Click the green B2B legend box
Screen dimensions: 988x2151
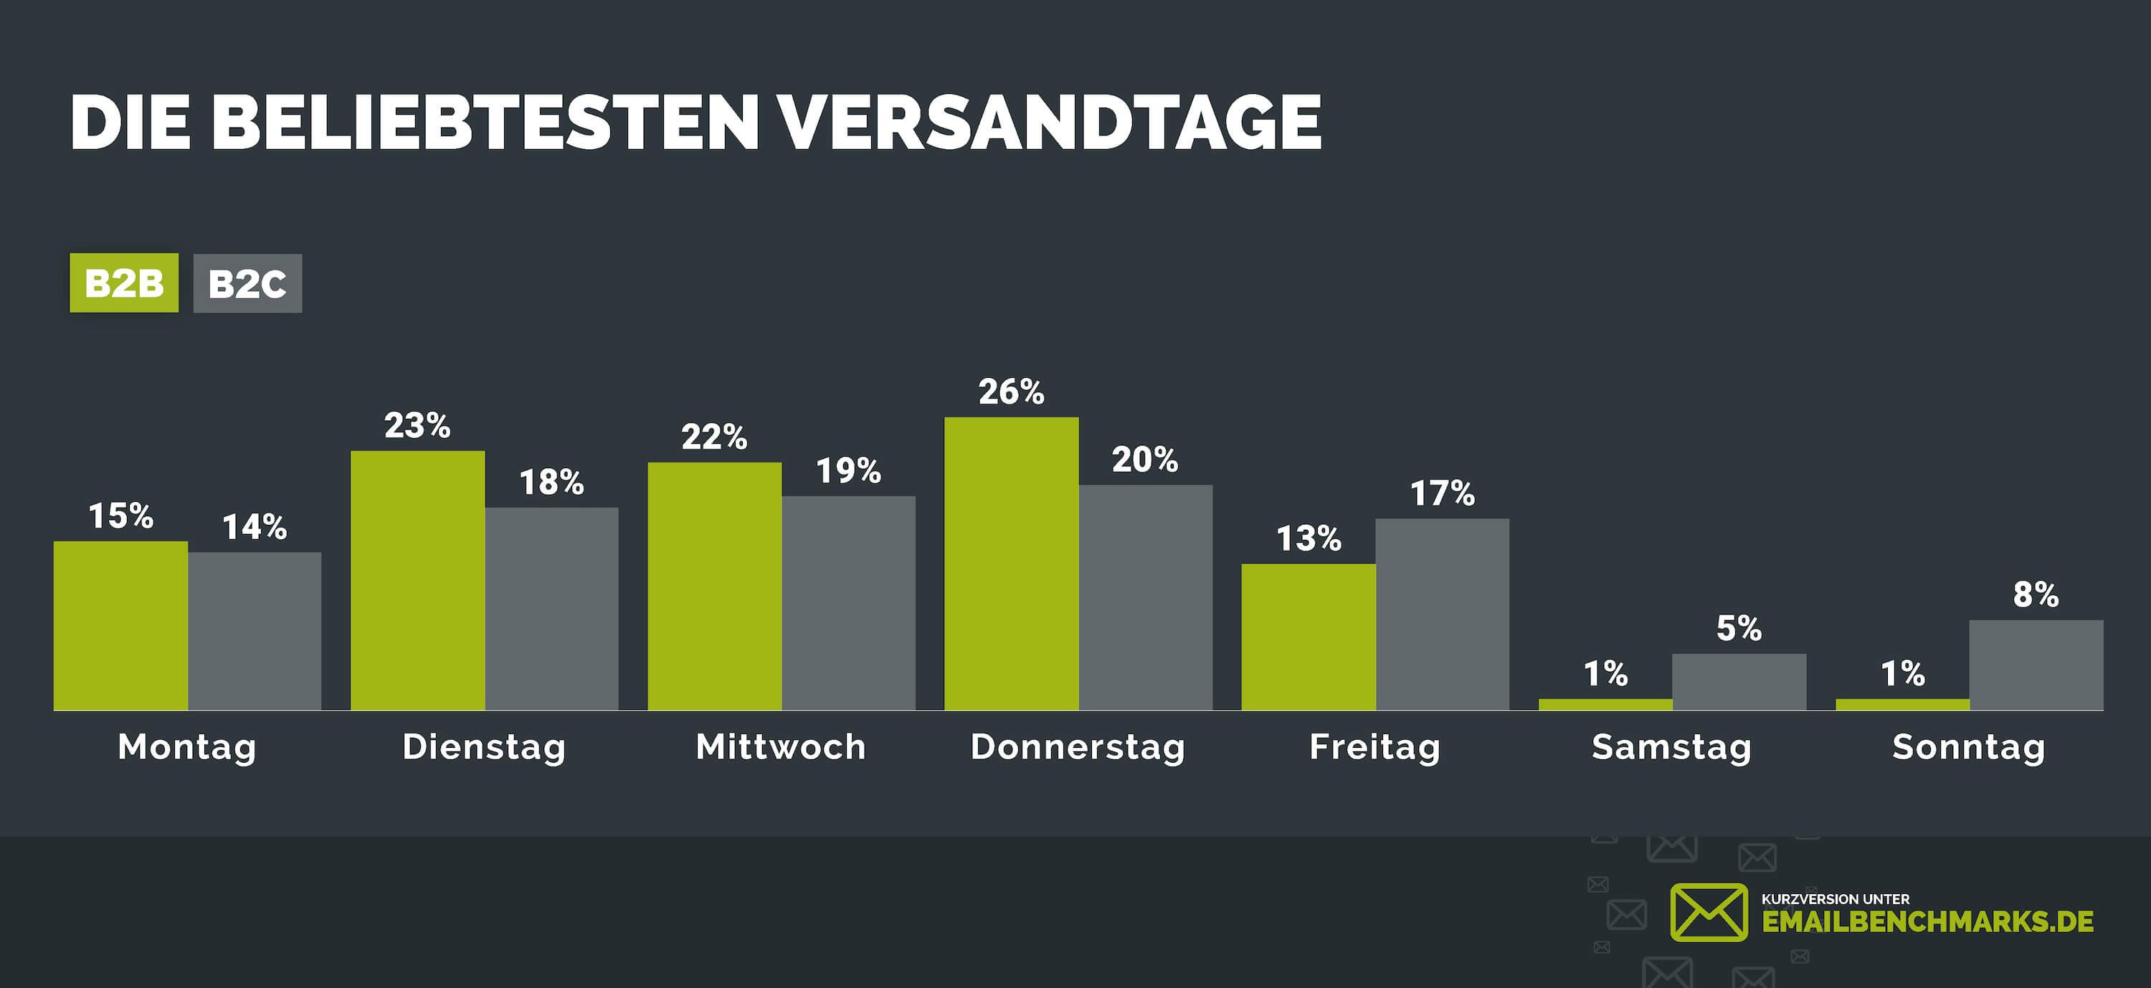click(x=123, y=283)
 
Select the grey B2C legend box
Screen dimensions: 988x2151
click(x=247, y=283)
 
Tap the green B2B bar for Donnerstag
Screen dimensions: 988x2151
click(x=1011, y=564)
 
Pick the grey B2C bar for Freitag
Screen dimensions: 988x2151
click(x=1442, y=614)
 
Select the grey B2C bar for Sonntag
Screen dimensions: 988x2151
click(x=2036, y=665)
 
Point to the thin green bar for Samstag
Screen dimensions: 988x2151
click(x=1605, y=705)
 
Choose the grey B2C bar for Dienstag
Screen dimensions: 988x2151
click(x=551, y=609)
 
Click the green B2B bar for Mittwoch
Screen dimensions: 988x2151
click(x=714, y=586)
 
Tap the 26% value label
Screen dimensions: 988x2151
click(x=1011, y=391)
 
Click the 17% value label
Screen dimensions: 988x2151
click(x=1442, y=493)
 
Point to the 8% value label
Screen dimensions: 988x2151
click(x=2036, y=594)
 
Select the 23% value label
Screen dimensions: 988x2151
click(x=417, y=426)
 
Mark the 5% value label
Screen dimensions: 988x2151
click(x=1739, y=628)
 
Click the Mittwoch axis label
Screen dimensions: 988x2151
click(x=781, y=746)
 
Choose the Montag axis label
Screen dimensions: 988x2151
click(x=187, y=746)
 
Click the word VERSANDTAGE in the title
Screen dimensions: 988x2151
click(x=1049, y=122)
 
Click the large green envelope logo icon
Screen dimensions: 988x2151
click(x=1709, y=912)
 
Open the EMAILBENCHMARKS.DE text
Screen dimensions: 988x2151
click(x=1927, y=921)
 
